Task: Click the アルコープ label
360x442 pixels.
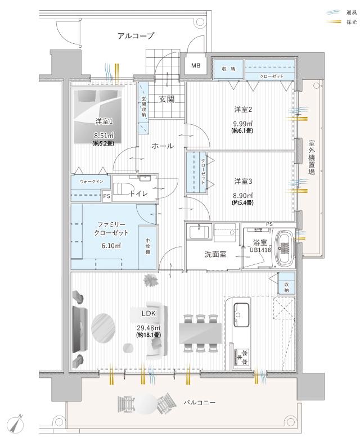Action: [136, 35]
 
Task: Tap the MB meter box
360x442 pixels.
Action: [195, 66]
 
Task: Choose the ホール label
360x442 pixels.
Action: [161, 146]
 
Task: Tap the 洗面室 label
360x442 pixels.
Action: [214, 254]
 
